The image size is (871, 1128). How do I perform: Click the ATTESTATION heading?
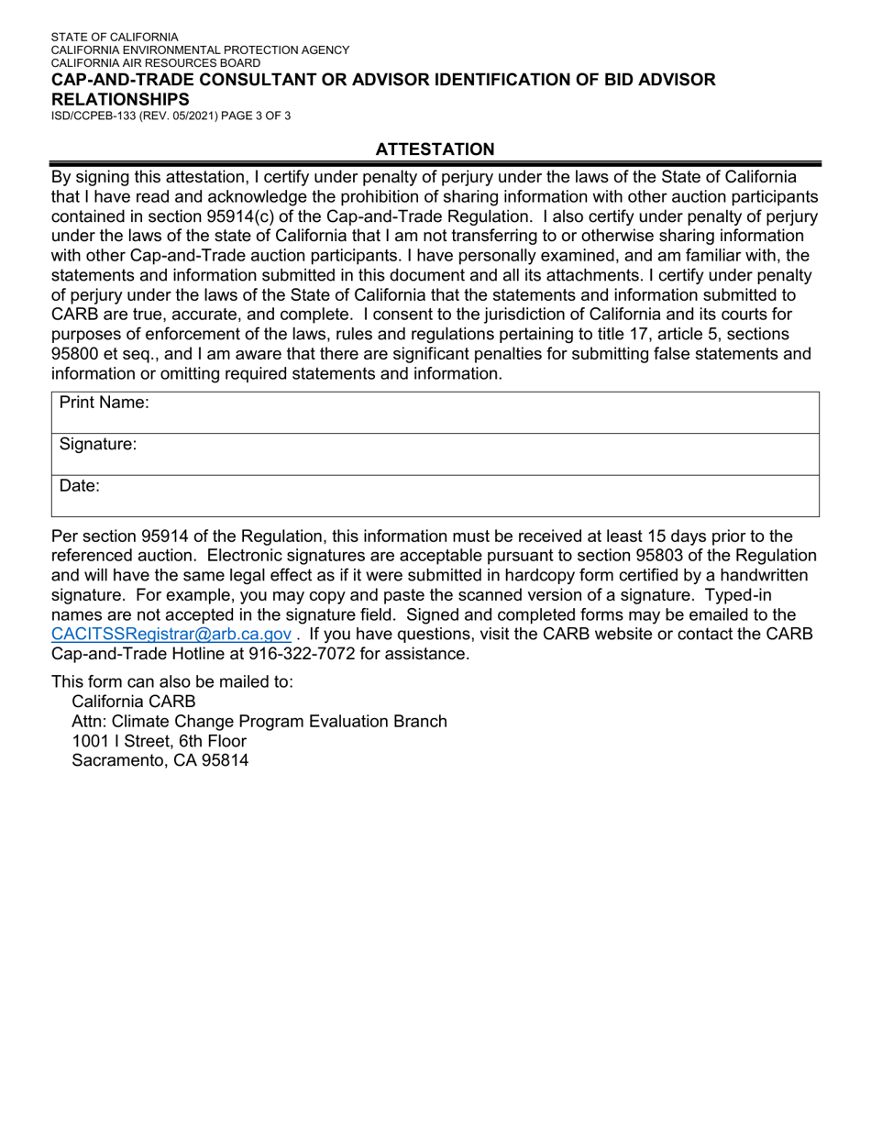point(435,149)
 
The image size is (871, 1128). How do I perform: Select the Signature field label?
point(98,445)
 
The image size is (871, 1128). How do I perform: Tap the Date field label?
point(80,486)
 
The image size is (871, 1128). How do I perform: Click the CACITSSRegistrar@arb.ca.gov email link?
point(171,634)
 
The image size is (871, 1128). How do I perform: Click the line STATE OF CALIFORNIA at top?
point(115,38)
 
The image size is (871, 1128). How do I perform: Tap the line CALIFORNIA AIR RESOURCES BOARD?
point(155,63)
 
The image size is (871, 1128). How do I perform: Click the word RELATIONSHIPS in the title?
point(120,99)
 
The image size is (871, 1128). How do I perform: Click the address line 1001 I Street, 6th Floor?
point(159,740)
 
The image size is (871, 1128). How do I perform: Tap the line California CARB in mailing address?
point(134,702)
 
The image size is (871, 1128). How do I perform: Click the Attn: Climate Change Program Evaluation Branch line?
point(259,721)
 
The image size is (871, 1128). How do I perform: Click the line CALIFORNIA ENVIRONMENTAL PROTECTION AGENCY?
point(200,50)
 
